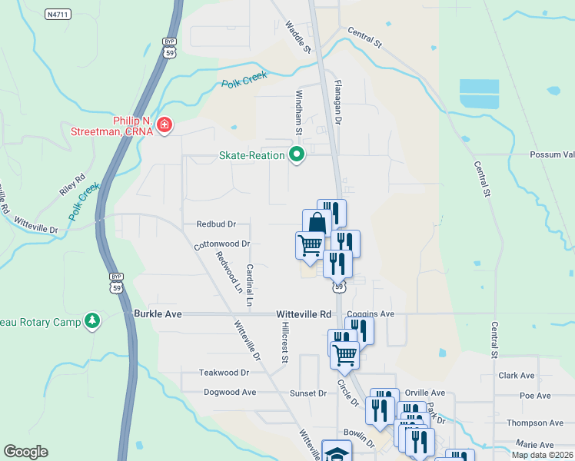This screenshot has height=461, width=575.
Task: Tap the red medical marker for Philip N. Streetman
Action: pos(164,125)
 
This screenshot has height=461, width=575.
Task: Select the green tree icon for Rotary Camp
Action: pos(92,320)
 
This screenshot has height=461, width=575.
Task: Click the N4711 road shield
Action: pos(58,14)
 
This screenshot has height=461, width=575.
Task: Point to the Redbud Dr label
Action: pos(216,224)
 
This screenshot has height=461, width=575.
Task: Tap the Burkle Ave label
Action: pos(158,314)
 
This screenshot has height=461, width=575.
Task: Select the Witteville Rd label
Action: pos(304,314)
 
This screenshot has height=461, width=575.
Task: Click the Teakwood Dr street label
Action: pos(224,372)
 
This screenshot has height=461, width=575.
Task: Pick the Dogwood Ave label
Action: pos(230,392)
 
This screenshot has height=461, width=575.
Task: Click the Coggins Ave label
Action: pos(371,313)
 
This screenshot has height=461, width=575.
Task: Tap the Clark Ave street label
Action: pos(516,376)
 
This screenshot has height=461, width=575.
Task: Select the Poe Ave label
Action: pos(535,396)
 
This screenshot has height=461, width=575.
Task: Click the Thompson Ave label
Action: pos(535,423)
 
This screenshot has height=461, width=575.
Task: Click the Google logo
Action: pos(25,452)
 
